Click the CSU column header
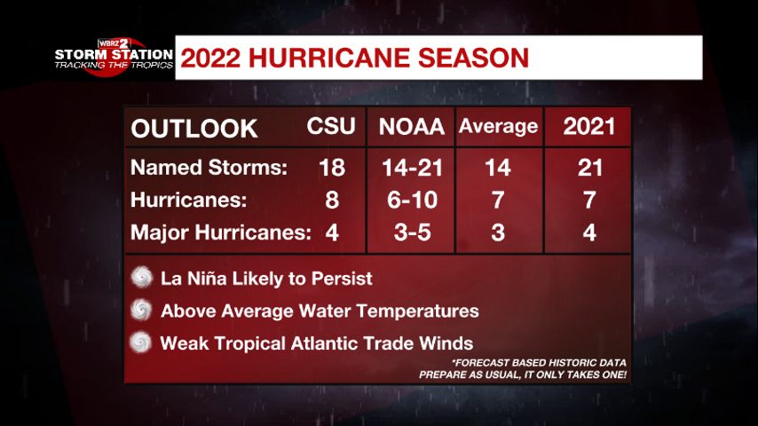[x=331, y=127]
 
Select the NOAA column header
[x=411, y=127]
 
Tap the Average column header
[x=498, y=127]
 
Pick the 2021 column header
[x=589, y=127]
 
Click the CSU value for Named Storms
[x=331, y=169]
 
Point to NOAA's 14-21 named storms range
[x=411, y=169]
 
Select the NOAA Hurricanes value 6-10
[x=411, y=201]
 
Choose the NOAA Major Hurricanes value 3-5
[x=411, y=233]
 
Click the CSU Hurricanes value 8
[x=332, y=201]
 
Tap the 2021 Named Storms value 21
[x=589, y=169]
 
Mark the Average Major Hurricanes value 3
[x=498, y=233]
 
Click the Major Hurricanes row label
[x=221, y=233]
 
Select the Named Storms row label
[x=209, y=169]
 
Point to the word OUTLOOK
[x=194, y=129]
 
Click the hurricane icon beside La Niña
[x=142, y=278]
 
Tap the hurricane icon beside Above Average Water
[x=142, y=311]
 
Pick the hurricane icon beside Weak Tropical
[x=142, y=343]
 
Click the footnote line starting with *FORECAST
[x=539, y=362]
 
